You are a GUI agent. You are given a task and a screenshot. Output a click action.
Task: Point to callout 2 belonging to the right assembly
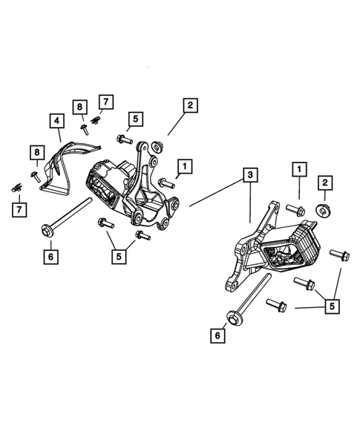(324, 182)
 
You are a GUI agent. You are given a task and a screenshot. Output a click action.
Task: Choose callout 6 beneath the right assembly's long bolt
(217, 336)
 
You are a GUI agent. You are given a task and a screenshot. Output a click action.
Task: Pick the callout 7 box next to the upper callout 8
(106, 100)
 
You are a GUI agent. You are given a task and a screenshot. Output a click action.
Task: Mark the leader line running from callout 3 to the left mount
(215, 191)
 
